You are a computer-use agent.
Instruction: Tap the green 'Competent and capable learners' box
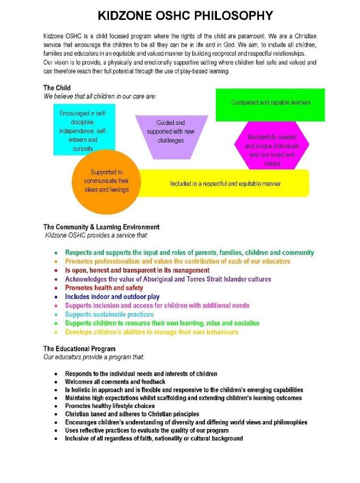(x=270, y=104)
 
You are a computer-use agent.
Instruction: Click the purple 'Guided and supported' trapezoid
(x=171, y=135)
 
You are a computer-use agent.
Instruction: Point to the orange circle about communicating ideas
(x=106, y=181)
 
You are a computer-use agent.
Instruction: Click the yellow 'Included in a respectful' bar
(x=225, y=184)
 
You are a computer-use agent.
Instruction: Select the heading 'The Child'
(x=57, y=88)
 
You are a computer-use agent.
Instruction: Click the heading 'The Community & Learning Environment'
(x=101, y=227)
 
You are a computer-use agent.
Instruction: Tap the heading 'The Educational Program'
(x=79, y=348)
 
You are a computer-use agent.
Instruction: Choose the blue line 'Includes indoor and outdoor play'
(x=112, y=297)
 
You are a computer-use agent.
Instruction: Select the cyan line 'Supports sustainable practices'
(x=109, y=314)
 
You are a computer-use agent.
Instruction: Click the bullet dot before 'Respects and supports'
(x=56, y=253)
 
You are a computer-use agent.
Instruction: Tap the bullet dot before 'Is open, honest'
(x=56, y=270)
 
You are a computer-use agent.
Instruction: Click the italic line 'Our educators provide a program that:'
(x=94, y=357)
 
